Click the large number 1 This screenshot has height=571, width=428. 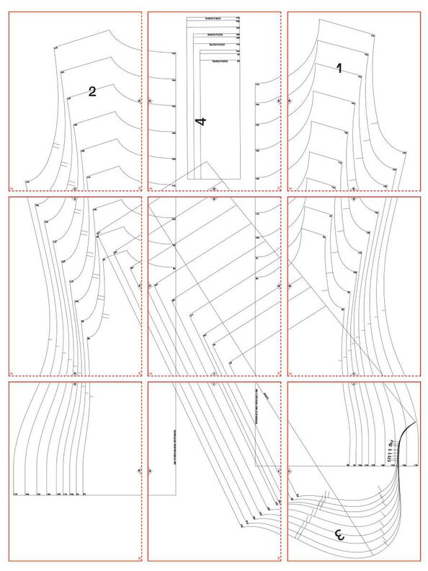click(x=339, y=68)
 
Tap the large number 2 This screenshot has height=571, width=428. click(x=92, y=92)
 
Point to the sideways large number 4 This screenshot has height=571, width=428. click(x=201, y=121)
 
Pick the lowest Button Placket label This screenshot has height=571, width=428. click(x=220, y=62)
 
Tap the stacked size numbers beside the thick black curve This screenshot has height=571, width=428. click(x=390, y=450)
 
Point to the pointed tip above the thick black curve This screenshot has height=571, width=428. click(x=417, y=422)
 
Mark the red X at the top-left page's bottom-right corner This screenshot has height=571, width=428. click(x=139, y=187)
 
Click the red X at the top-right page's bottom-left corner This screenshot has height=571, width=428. click(x=291, y=187)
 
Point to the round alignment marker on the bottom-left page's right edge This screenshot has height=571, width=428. click(x=139, y=471)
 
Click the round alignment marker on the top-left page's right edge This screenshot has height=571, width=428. click(x=139, y=101)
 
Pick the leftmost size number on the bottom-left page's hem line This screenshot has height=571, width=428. click(x=16, y=494)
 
